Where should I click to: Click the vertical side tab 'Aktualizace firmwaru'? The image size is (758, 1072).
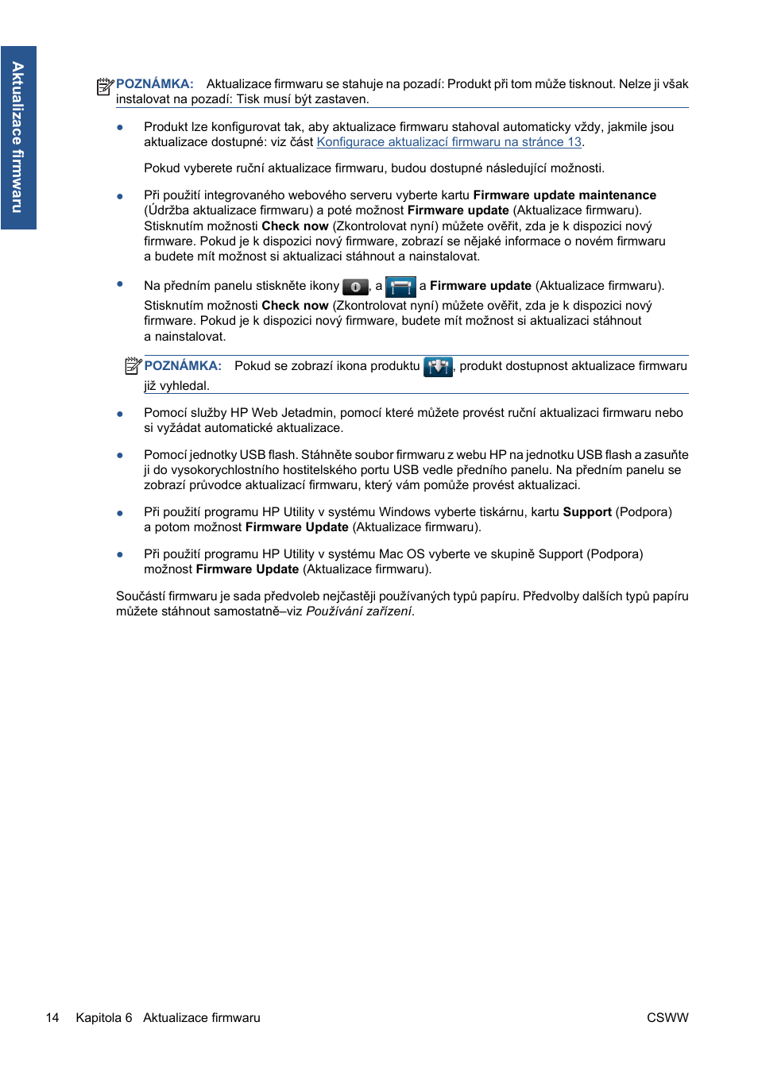pyautogui.click(x=17, y=137)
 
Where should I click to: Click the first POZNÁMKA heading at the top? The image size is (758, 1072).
pyautogui.click(x=154, y=84)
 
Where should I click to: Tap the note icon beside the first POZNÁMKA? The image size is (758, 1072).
pyautogui.click(x=105, y=86)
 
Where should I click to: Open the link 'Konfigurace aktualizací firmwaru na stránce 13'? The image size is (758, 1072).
pyautogui.click(x=449, y=142)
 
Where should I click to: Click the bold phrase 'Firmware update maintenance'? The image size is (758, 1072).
pyautogui.click(x=564, y=195)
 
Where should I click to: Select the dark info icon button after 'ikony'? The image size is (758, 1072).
pyautogui.click(x=355, y=287)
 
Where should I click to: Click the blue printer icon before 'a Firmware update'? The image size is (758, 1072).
pyautogui.click(x=400, y=287)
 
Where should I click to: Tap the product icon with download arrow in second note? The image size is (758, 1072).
pyautogui.click(x=438, y=367)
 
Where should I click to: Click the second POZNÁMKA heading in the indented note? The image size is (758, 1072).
pyautogui.click(x=183, y=366)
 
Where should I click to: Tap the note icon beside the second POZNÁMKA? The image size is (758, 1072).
pyautogui.click(x=133, y=366)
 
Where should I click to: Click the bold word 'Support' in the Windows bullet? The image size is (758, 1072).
pyautogui.click(x=586, y=512)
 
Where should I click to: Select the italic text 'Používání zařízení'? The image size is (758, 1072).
pyautogui.click(x=358, y=611)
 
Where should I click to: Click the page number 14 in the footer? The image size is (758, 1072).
pyautogui.click(x=52, y=1018)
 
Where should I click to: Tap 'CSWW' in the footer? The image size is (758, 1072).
pyautogui.click(x=667, y=1018)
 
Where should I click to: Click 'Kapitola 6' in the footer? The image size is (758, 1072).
pyautogui.click(x=104, y=1018)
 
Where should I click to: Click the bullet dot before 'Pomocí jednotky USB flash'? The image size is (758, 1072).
pyautogui.click(x=120, y=456)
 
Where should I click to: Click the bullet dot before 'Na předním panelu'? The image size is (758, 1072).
pyautogui.click(x=120, y=284)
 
